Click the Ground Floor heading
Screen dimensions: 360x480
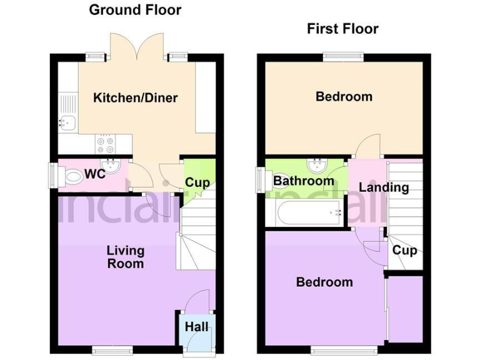point(135,10)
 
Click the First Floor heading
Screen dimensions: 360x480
point(342,29)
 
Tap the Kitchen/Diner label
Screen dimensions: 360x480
point(136,97)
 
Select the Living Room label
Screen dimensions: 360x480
point(125,257)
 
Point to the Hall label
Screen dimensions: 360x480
point(196,327)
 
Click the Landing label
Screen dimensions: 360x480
point(384,187)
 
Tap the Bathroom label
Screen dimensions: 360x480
point(304,181)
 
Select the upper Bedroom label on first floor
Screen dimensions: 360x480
point(344,96)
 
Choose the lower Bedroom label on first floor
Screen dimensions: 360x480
point(324,282)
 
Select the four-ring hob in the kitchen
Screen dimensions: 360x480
point(105,144)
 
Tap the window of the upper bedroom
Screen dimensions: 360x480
point(342,57)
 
